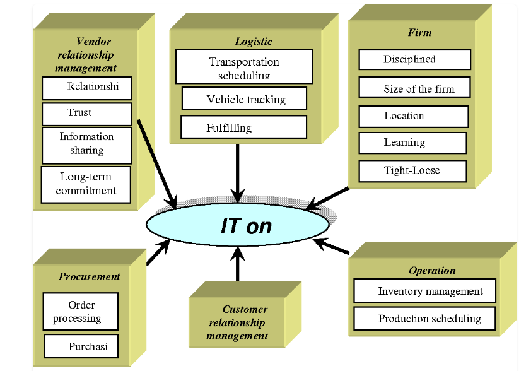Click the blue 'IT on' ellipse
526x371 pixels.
(x=238, y=225)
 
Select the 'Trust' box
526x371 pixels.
(x=86, y=114)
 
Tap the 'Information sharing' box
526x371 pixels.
(x=86, y=144)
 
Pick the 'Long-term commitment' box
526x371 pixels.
(x=86, y=184)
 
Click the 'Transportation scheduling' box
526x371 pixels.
(x=244, y=66)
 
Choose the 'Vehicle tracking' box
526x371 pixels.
(x=244, y=99)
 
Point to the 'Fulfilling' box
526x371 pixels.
(x=243, y=127)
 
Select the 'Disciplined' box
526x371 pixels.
(x=414, y=60)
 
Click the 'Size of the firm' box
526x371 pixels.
(x=414, y=88)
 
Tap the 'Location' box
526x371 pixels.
(x=413, y=116)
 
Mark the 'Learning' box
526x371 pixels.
(x=412, y=143)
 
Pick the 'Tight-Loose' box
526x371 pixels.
(x=412, y=170)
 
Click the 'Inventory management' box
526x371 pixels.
(x=424, y=291)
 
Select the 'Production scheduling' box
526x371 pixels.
(x=424, y=318)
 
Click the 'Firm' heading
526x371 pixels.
(x=419, y=32)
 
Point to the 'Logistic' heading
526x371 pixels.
(x=254, y=42)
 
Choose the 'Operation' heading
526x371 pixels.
(x=432, y=271)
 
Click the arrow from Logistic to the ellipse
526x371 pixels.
(x=238, y=170)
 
